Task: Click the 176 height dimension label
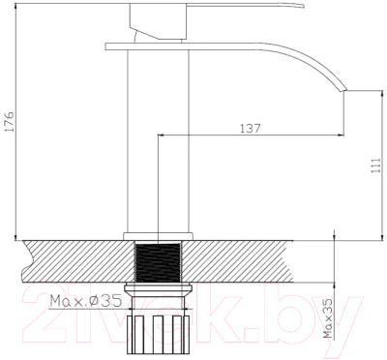tap(9, 124)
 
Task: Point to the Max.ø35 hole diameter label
tap(85, 300)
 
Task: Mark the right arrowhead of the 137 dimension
tap(340, 135)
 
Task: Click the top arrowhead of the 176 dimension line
tap(17, 4)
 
